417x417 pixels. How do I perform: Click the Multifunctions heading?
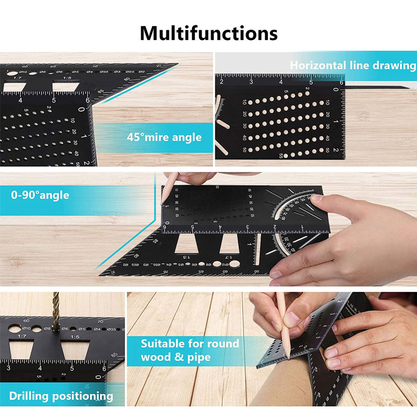(x=208, y=33)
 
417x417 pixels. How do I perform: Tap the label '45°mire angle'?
(x=164, y=137)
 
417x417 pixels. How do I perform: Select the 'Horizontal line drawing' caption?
(x=353, y=66)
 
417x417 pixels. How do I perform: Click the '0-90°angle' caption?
(x=40, y=195)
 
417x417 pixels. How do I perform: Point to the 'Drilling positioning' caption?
(x=61, y=396)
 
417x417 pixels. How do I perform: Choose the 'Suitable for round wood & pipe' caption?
(x=190, y=350)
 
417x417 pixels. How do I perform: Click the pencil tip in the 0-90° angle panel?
(x=163, y=201)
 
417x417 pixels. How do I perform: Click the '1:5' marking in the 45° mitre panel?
(x=67, y=78)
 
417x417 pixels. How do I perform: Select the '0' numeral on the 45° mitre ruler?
(x=81, y=109)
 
